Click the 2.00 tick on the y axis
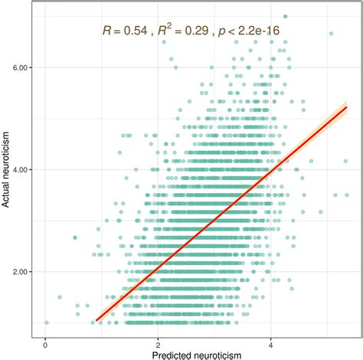click(x=16, y=271)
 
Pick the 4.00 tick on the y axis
click(x=16, y=169)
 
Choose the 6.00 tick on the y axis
click(x=16, y=67)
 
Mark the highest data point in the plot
click(x=285, y=16)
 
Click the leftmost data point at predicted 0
click(x=46, y=322)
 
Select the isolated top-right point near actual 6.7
click(x=331, y=34)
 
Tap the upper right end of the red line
click(x=347, y=107)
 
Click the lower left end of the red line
click(x=96, y=320)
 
